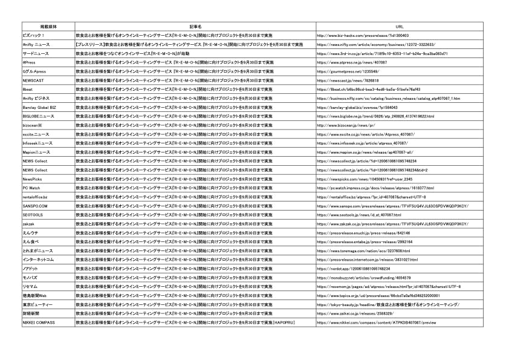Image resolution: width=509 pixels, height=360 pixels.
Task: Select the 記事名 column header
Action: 195,27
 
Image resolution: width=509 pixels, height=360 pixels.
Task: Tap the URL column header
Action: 399,27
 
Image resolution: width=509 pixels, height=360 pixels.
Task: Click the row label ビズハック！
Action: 33,36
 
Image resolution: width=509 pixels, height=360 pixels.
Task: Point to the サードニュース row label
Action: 36,54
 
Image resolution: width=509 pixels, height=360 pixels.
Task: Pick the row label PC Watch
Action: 31,188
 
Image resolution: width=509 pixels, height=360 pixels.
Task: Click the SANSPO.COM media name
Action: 34,206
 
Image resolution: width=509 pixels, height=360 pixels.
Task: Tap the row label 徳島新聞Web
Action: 34,295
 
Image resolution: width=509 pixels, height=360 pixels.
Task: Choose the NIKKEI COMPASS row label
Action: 38,322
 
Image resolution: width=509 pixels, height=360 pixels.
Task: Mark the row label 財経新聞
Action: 31,313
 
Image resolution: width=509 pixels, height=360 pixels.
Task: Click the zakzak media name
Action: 28,224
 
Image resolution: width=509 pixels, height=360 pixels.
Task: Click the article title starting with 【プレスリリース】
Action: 189,45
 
